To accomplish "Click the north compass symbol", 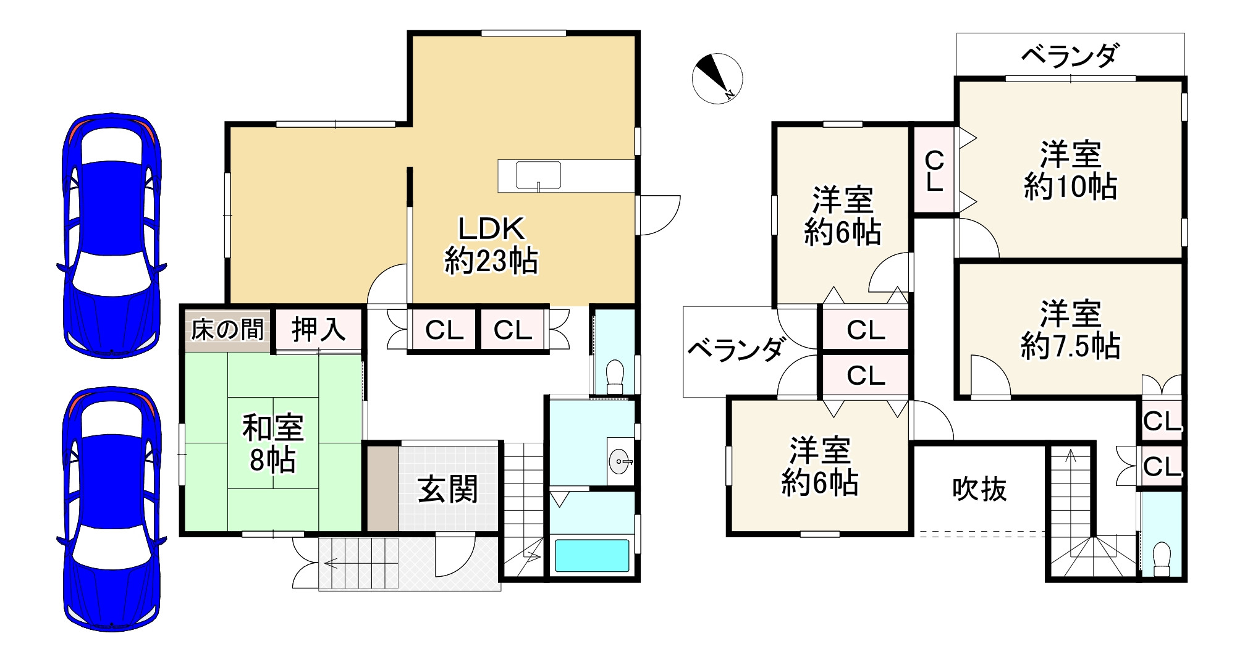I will tap(717, 78).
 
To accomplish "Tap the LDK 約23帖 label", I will tap(491, 245).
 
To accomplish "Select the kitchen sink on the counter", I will tap(538, 175).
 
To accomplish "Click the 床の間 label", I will tap(227, 330).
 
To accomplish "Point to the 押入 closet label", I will tap(318, 329).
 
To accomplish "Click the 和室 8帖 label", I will tap(272, 444).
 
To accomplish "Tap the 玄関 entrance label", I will tap(448, 489).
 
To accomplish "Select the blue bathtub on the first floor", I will tap(591, 555).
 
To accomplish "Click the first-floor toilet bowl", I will tap(614, 374).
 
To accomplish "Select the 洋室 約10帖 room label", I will tap(1070, 170).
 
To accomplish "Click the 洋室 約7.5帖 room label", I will tap(1070, 330).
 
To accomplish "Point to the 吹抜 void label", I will tap(979, 489).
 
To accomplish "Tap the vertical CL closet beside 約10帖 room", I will tap(934, 170).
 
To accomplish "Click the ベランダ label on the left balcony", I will tap(736, 350).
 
